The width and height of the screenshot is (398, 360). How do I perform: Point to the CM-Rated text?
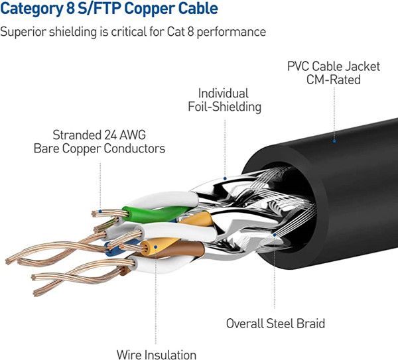click(x=333, y=80)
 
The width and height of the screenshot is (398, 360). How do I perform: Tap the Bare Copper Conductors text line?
click(x=99, y=149)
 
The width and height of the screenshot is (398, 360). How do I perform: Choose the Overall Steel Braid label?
click(x=275, y=324)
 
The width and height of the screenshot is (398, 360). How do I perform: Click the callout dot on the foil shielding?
click(x=226, y=179)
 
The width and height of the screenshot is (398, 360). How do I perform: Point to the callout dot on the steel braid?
click(x=275, y=233)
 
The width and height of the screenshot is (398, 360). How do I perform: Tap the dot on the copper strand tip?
click(x=100, y=212)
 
